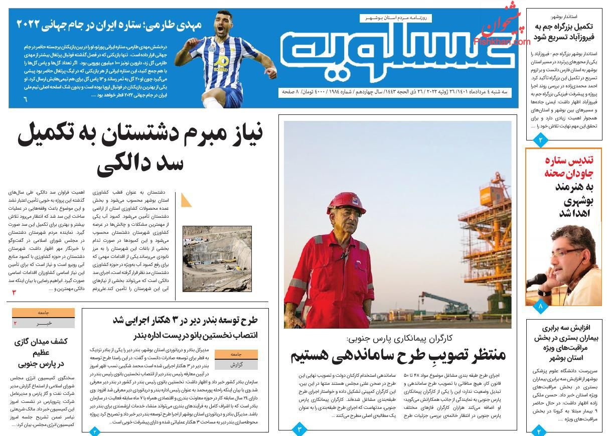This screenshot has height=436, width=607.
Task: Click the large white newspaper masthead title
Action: click(396, 51)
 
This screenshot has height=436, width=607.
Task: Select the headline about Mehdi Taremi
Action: click(109, 24)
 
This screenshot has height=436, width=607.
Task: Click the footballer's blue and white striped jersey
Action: click(215, 61)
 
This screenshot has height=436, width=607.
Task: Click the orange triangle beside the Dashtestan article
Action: click(186, 200)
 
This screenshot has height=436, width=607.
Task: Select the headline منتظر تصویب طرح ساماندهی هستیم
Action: click(398, 355)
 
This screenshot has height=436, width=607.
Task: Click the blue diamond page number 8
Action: click(540, 306)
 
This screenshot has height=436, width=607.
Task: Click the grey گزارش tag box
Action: click(236, 365)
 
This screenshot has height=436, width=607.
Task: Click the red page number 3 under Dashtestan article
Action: click(15, 293)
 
